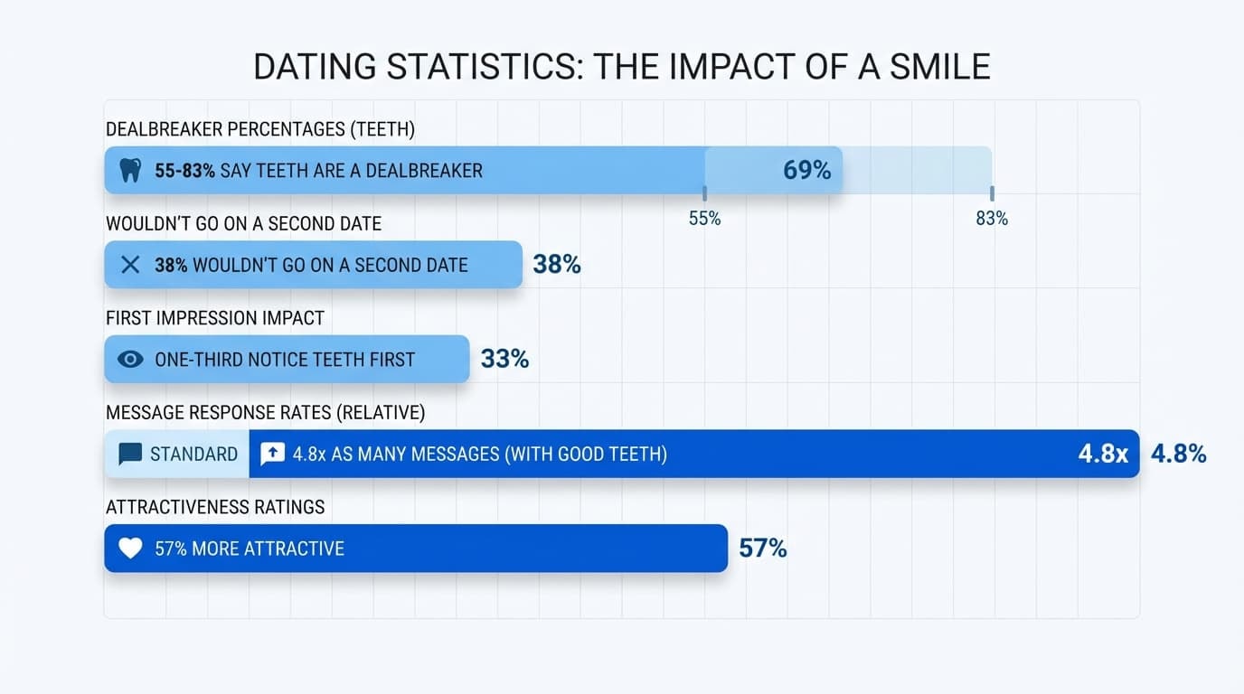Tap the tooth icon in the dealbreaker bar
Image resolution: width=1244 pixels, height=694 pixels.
tap(130, 170)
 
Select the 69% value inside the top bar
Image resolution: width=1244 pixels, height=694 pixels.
tap(806, 170)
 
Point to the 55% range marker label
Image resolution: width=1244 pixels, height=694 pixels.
tap(704, 219)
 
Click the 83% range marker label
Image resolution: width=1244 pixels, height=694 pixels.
tap(992, 219)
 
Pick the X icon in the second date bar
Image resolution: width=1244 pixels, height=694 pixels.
tap(130, 265)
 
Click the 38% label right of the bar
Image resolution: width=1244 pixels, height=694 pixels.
tap(557, 265)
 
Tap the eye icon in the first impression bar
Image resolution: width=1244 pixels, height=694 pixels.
tap(130, 359)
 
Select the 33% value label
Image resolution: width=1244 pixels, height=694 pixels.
tap(504, 359)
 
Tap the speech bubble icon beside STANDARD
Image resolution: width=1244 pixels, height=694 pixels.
tap(130, 454)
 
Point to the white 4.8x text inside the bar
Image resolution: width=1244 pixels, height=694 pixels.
tap(1103, 454)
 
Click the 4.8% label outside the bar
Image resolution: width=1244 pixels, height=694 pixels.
tap(1178, 454)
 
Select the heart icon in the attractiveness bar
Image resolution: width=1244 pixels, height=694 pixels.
tap(130, 549)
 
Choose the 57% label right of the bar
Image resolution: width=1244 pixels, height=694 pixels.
tap(762, 549)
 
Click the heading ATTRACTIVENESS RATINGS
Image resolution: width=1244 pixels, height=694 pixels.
tap(215, 507)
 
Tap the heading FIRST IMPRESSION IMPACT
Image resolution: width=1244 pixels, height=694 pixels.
tap(215, 318)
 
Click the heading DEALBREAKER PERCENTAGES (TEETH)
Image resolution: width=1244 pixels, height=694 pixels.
tap(260, 129)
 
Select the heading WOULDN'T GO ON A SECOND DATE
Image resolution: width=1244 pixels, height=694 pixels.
tap(243, 223)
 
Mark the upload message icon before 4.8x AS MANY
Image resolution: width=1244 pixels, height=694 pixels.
tap(272, 454)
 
